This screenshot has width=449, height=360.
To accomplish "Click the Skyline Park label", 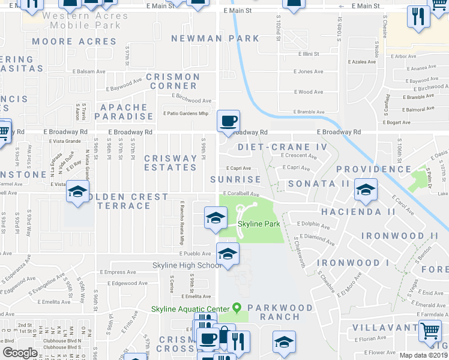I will [x=259, y=224].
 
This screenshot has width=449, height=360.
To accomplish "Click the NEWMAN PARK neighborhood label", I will [x=208, y=38].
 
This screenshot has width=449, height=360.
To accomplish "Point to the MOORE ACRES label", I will [x=74, y=42].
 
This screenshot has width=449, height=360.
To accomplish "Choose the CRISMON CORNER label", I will [x=173, y=82].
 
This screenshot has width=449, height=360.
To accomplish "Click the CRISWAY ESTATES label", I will [x=171, y=163].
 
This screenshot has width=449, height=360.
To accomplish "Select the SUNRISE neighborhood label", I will [x=236, y=179].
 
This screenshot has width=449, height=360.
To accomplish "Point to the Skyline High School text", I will [x=187, y=266].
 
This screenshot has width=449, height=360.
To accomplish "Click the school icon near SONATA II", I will [x=364, y=191].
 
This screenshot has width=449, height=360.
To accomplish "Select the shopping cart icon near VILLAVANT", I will [x=430, y=331].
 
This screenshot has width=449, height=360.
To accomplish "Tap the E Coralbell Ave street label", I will [x=241, y=194].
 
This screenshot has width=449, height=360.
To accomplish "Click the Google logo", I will [x=20, y=353].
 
